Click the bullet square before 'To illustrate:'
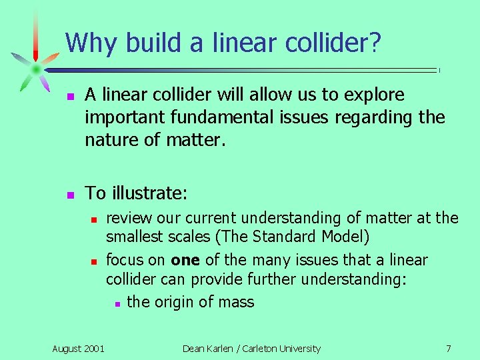(x=69, y=195)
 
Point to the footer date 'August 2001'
(x=78, y=348)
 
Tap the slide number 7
(x=448, y=348)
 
